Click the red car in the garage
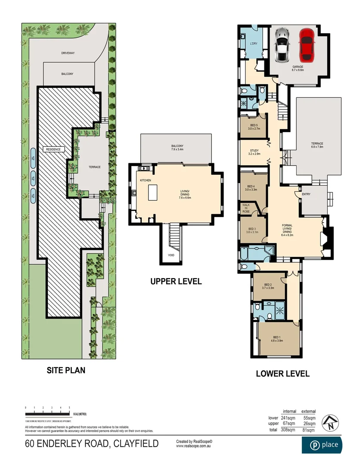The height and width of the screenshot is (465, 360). pos(306,44)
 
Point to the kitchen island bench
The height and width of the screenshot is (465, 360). pos(152,192)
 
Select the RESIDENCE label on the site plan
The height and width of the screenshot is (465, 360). pos(53,149)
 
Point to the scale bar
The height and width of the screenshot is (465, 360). pos(48,413)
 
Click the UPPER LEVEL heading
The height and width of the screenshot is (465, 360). pos(176,282)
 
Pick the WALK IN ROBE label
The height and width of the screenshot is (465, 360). pos(246,208)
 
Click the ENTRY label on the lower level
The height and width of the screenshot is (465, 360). pos(306,194)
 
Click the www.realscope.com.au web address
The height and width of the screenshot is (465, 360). pos(194,446)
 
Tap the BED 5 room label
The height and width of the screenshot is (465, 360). pos(253,126)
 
